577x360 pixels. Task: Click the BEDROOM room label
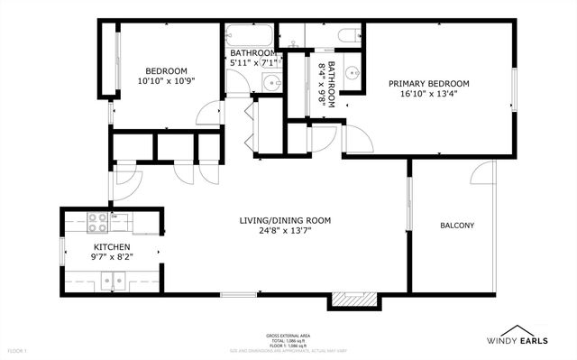167,70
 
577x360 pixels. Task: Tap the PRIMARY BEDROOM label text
429,83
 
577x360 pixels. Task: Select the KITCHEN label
113,246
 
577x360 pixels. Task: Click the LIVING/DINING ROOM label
285,220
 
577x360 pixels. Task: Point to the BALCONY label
457,226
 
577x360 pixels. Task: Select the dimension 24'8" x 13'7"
285,231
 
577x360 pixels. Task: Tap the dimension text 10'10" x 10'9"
167,81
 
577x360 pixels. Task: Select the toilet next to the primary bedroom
347,36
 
